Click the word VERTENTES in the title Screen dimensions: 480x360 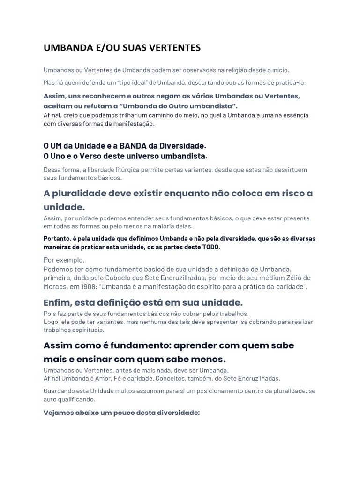point(174,48)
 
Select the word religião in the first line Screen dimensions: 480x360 point(237,70)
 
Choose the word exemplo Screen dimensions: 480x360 point(72,260)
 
